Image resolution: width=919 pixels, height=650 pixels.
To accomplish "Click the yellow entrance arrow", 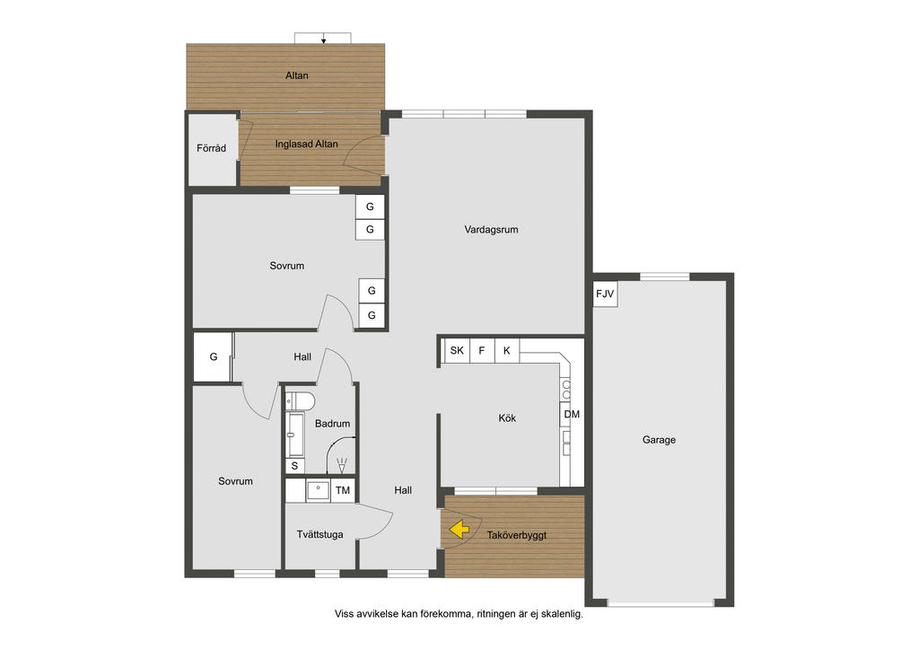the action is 459,530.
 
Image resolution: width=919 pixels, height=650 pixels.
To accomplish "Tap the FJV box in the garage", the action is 605,294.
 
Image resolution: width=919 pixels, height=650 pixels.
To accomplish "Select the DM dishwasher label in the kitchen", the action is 572,415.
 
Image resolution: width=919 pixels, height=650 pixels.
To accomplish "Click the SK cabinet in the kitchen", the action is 457,350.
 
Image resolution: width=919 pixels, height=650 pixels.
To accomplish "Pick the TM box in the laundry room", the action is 342,490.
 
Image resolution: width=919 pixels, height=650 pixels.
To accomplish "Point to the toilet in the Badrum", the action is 300,401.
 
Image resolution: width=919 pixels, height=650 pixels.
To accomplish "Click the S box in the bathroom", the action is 294,466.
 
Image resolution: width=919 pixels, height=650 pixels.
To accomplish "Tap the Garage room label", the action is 659,440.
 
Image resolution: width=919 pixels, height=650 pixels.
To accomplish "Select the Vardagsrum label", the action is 491,230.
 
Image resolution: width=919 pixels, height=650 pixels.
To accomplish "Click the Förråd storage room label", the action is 211,148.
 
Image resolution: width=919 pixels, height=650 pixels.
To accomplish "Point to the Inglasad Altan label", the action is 307,144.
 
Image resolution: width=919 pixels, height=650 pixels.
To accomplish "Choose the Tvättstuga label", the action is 319,534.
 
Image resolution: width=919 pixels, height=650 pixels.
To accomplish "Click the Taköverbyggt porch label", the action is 516,535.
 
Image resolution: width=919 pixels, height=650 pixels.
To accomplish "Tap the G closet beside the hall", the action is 214,357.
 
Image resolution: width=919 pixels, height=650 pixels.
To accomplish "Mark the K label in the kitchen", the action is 506,350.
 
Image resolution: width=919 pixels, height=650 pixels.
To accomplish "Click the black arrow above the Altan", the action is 323,40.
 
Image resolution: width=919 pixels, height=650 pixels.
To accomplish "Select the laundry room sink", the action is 318,491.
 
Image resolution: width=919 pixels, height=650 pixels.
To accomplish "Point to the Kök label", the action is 507,417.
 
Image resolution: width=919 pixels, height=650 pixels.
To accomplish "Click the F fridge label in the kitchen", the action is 482,350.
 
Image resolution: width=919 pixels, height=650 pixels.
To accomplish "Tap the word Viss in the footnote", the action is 344,614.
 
